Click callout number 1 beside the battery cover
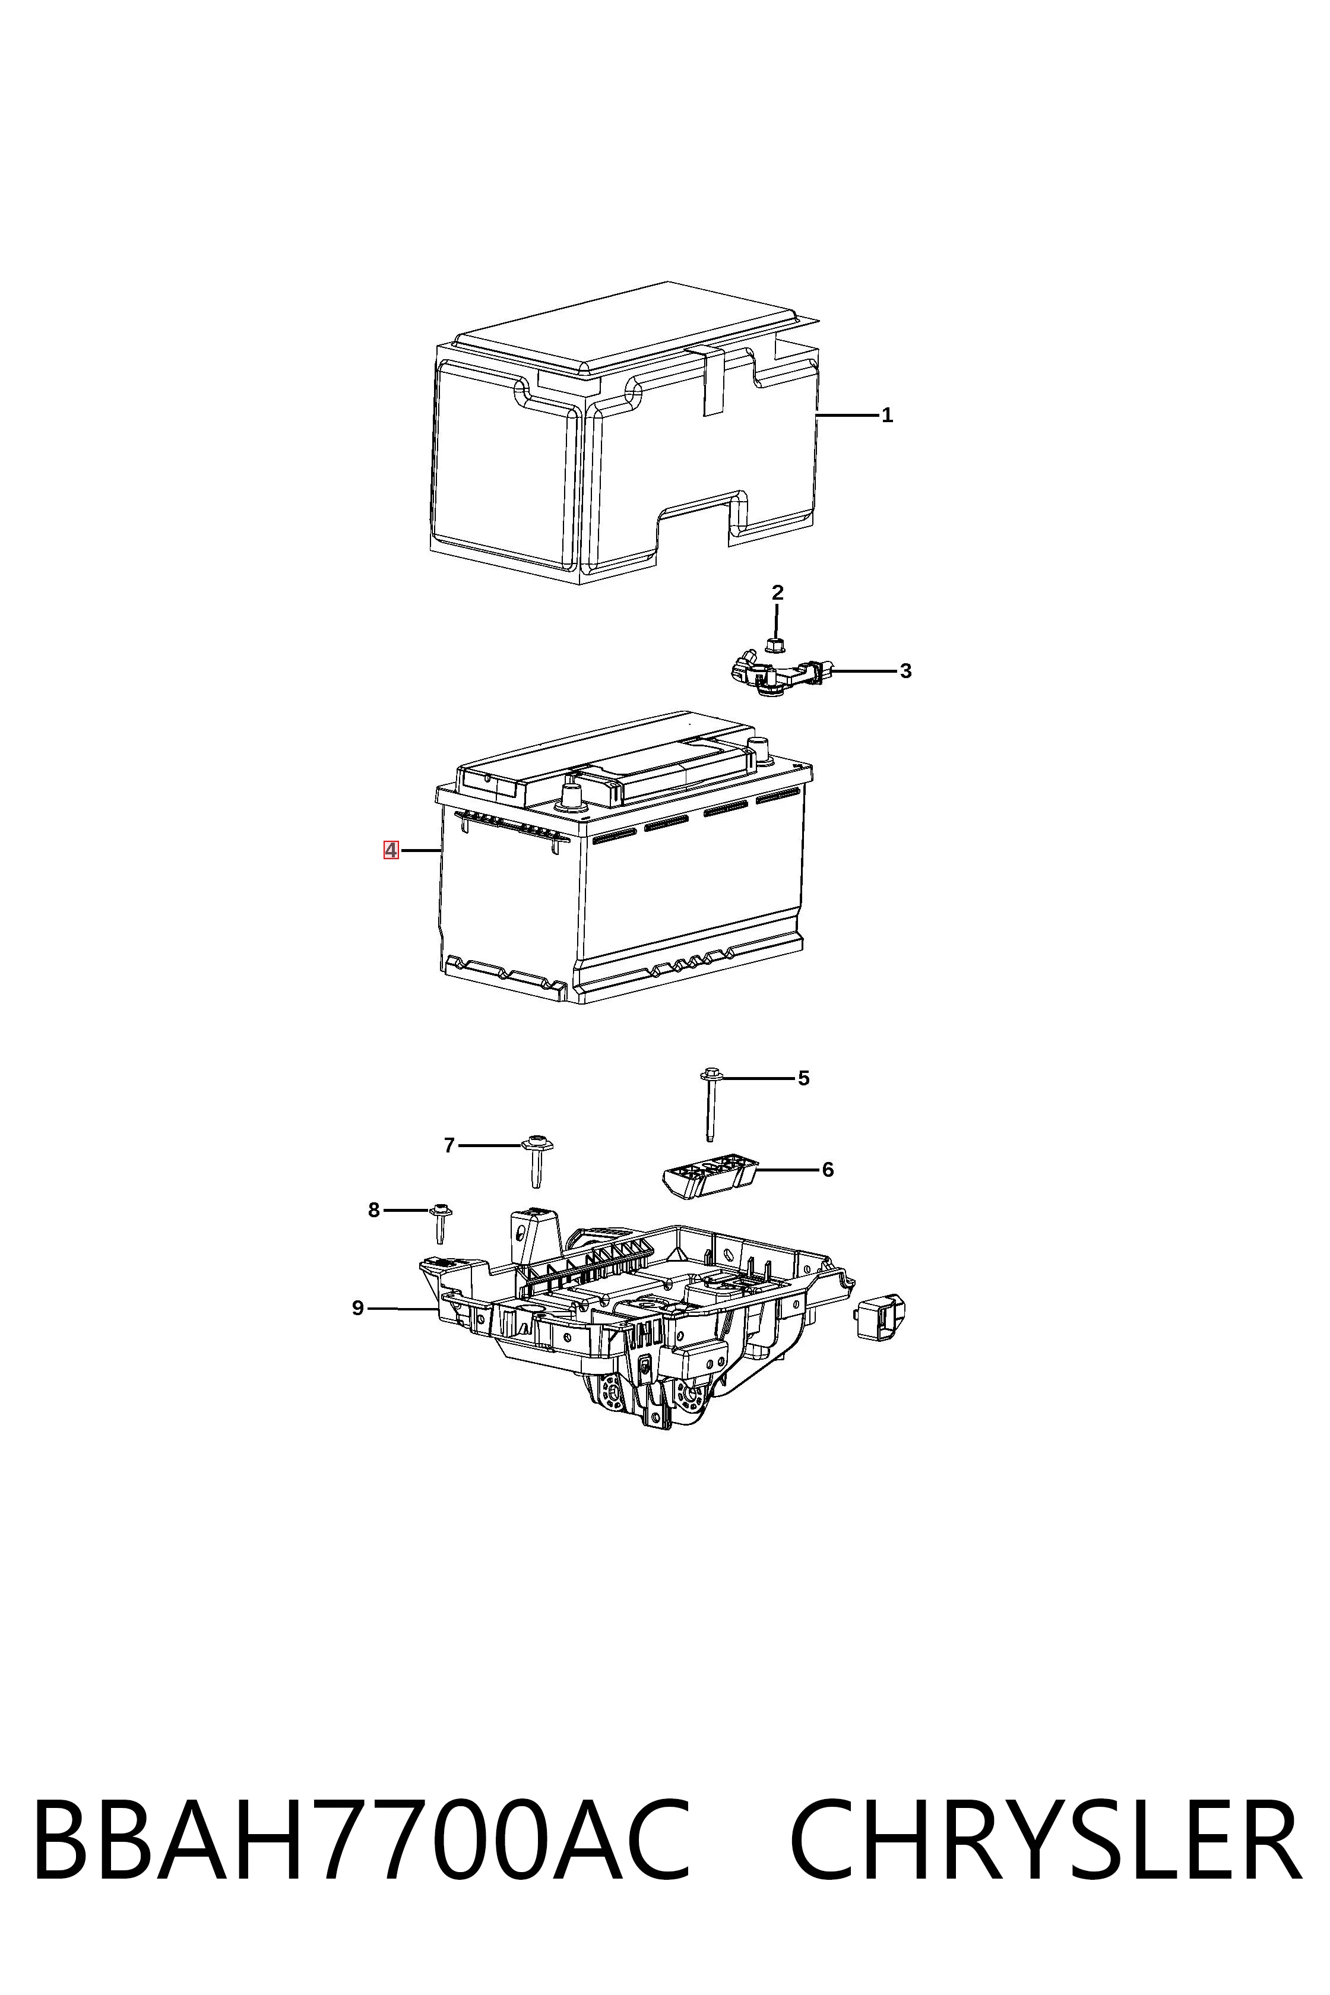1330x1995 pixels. [886, 416]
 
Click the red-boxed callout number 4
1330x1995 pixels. [391, 849]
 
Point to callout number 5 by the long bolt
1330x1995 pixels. [803, 1078]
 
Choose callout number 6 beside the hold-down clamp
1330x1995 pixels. [828, 1170]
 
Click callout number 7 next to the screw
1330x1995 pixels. [449, 1145]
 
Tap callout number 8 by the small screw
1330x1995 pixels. [373, 1211]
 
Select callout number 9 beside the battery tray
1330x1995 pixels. [358, 1308]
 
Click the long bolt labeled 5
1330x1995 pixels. [711, 1104]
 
